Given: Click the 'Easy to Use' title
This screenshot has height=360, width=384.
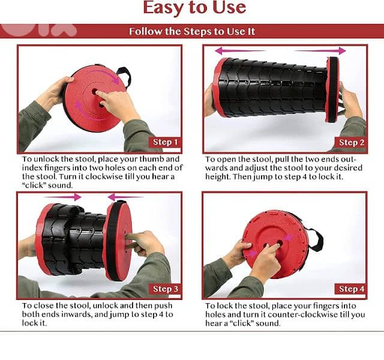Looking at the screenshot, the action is pos(194,7).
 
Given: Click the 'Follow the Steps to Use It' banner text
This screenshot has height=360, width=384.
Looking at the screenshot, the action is pos(192,32).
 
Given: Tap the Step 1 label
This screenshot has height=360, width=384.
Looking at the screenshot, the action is pos(165,142).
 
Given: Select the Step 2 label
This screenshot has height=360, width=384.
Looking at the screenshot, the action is pos(351,143).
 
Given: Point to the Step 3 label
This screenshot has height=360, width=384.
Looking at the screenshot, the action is pos(166,289).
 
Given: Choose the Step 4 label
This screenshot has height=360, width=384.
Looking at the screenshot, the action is pos(351,289).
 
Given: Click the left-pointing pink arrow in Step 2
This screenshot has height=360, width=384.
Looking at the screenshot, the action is pos(240,51).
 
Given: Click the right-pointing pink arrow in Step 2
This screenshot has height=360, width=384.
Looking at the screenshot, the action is pos(320,51).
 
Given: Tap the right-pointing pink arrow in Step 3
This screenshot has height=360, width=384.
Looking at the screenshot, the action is pos(62,197).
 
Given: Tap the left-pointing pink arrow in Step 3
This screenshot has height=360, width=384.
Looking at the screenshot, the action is pos(125,197).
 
